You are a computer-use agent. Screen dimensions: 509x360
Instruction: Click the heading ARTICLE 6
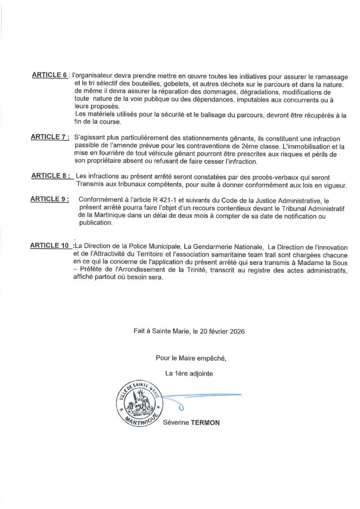click(x=49, y=75)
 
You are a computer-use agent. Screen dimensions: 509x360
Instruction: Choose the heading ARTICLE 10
click(x=50, y=246)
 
